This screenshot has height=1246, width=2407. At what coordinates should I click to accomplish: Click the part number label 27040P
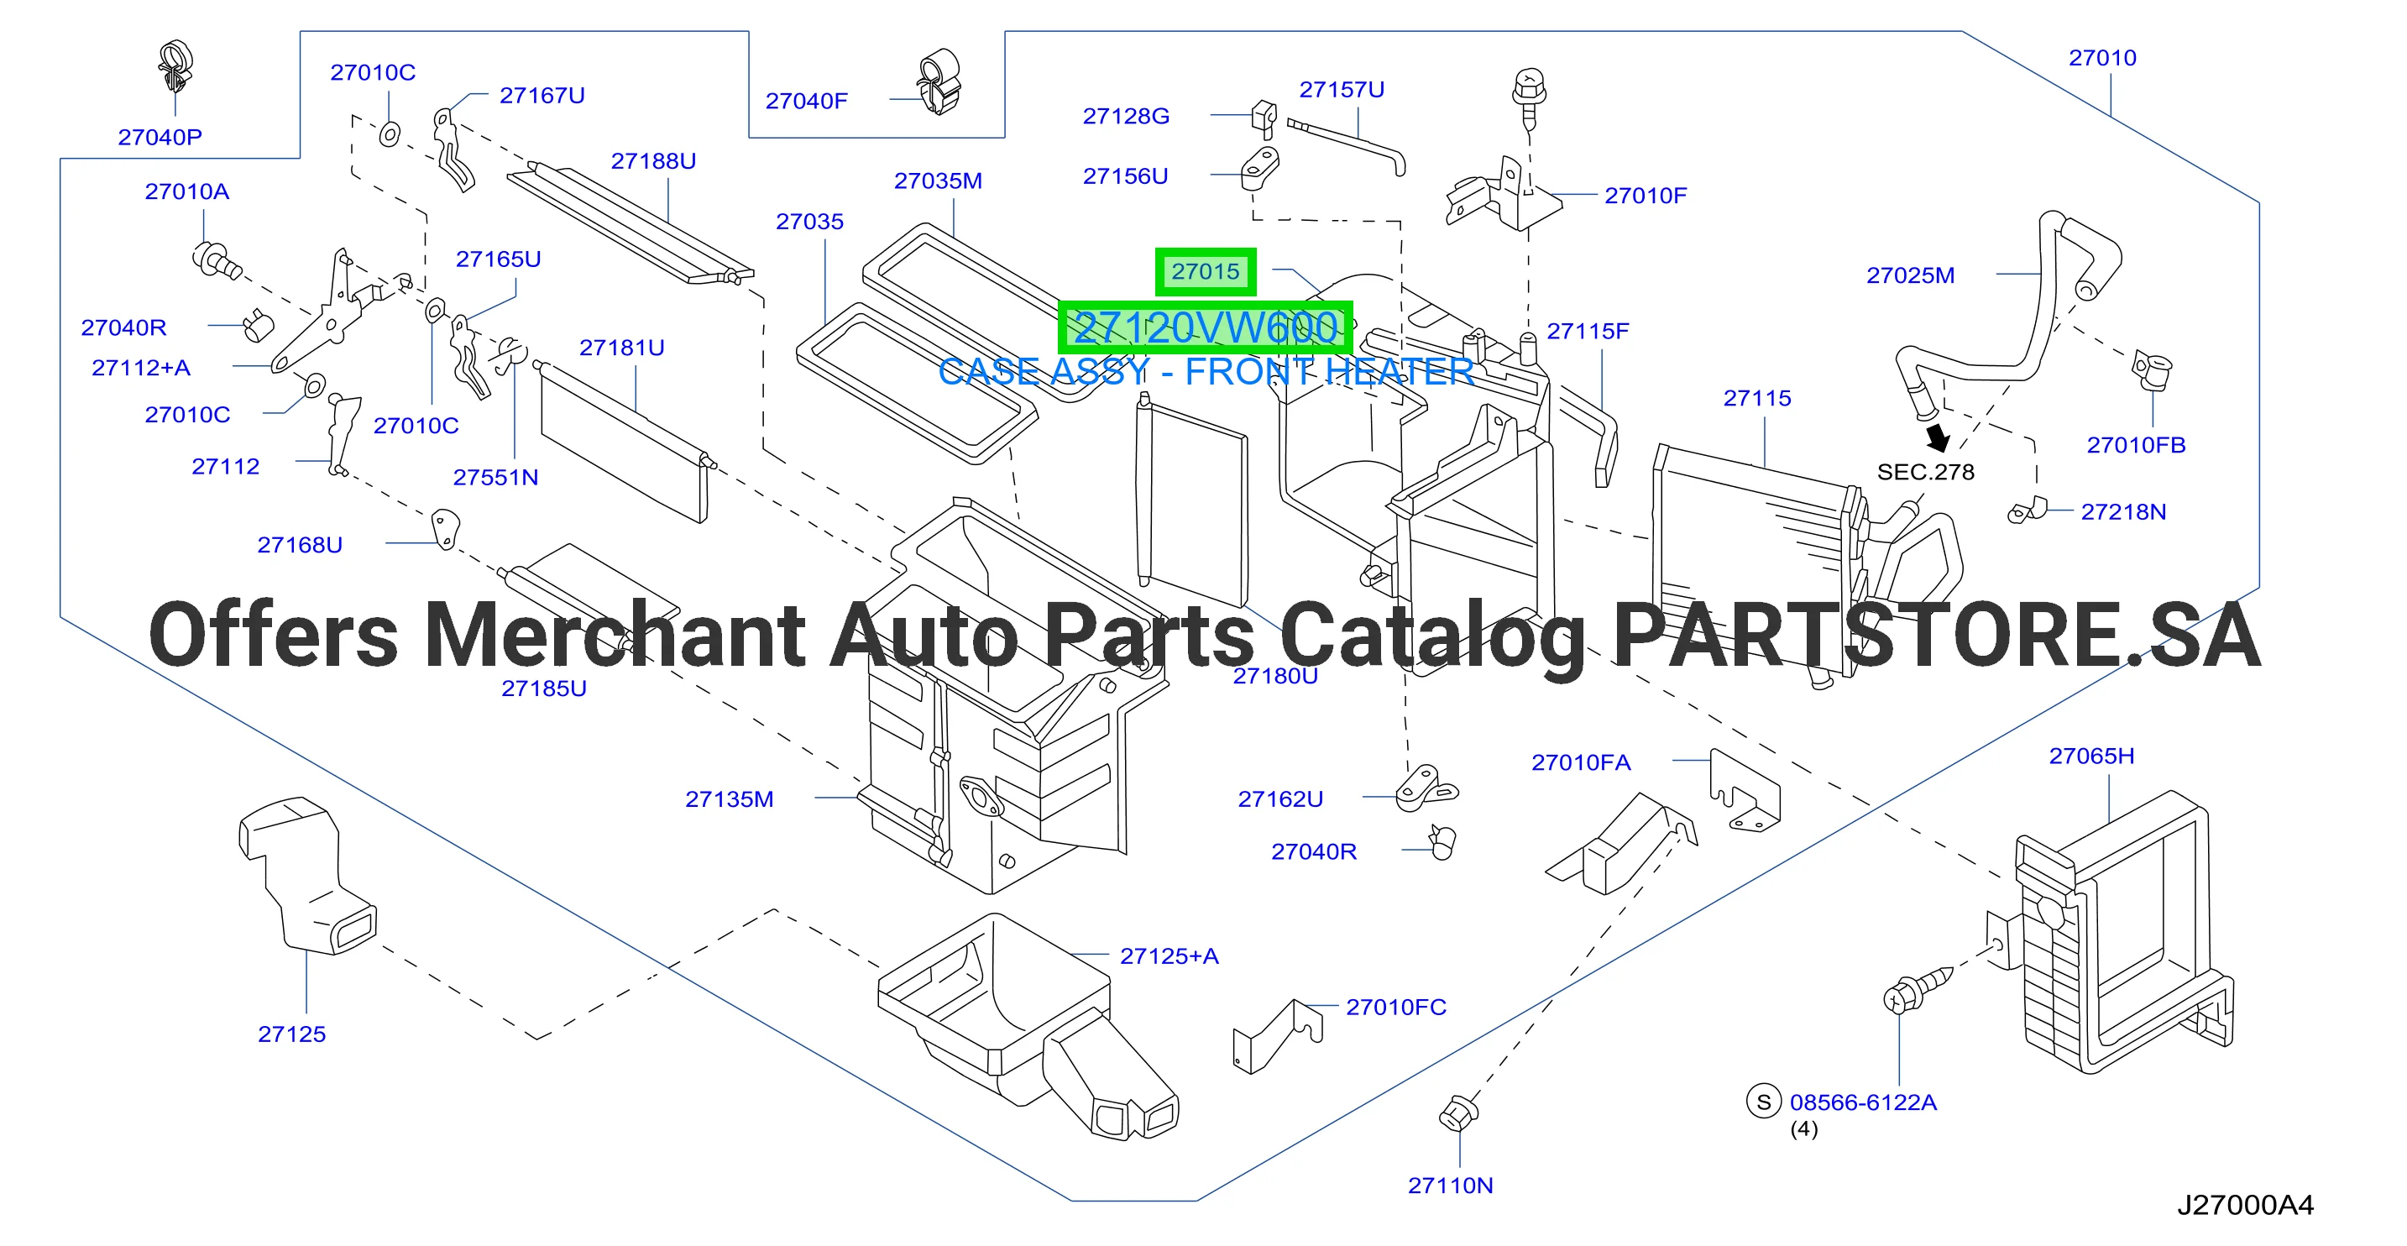pyautogui.click(x=160, y=138)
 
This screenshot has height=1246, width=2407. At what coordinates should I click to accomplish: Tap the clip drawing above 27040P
pyautogui.click(x=175, y=66)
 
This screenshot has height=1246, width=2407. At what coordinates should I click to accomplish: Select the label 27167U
pyautogui.click(x=542, y=96)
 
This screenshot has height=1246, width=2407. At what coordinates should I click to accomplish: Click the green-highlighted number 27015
pyautogui.click(x=1206, y=272)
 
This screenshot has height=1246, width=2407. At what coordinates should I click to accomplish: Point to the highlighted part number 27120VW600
pyautogui.click(x=1206, y=327)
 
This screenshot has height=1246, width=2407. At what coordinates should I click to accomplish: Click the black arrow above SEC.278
pyautogui.click(x=1938, y=437)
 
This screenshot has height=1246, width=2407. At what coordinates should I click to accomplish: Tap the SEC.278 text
pyautogui.click(x=1926, y=472)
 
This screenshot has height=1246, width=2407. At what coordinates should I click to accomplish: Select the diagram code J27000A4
pyautogui.click(x=2245, y=1205)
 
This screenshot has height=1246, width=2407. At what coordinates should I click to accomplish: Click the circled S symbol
pyautogui.click(x=1763, y=1102)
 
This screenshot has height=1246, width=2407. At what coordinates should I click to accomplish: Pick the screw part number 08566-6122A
pyautogui.click(x=1863, y=1103)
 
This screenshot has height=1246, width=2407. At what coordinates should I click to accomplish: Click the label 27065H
pyautogui.click(x=2091, y=756)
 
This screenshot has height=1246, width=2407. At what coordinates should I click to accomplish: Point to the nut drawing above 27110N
pyautogui.click(x=1458, y=1112)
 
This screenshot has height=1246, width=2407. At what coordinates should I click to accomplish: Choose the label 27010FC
pyautogui.click(x=1396, y=1008)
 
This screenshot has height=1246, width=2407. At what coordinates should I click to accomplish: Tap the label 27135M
pyautogui.click(x=730, y=799)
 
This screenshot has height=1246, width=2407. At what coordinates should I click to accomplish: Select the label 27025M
pyautogui.click(x=1911, y=275)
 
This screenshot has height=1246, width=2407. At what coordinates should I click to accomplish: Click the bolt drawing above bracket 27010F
pyautogui.click(x=1529, y=97)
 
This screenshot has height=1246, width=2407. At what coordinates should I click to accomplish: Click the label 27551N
pyautogui.click(x=495, y=478)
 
